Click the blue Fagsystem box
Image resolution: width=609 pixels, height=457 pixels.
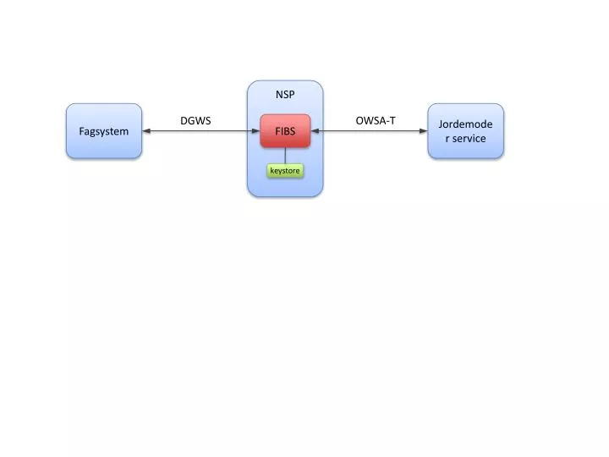[104, 131]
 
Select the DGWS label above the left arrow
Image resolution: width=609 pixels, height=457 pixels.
[195, 121]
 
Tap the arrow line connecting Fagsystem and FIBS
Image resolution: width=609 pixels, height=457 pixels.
[200, 131]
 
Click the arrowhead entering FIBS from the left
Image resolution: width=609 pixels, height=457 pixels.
[255, 131]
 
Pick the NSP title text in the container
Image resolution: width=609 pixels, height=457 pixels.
[285, 95]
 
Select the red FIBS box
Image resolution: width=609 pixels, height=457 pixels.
[285, 131]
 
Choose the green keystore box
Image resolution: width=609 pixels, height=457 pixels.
[285, 171]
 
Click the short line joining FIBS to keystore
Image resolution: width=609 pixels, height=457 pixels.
[285, 156]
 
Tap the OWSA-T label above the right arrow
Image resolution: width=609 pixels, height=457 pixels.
[376, 121]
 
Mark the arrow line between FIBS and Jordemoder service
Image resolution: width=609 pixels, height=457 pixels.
[370, 131]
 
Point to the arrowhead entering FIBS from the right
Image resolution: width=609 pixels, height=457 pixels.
[315, 131]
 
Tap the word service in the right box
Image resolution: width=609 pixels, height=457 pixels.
[469, 138]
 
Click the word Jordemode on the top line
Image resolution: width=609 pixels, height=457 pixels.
[465, 124]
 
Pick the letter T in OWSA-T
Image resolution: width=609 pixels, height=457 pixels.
[392, 121]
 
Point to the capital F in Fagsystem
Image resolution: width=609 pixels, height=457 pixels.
[82, 131]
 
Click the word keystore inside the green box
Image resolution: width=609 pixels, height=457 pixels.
[285, 171]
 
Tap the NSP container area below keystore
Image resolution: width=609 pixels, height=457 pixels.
[285, 188]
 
